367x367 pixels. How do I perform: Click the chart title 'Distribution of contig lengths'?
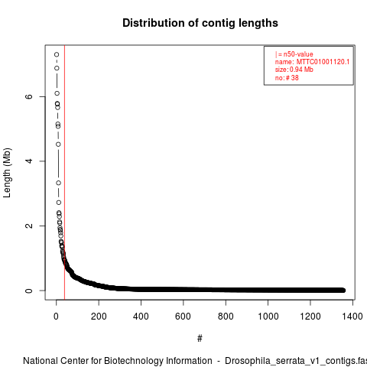click(200, 23)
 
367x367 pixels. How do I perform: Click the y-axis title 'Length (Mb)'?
click(7, 173)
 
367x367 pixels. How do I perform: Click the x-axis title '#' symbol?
click(200, 339)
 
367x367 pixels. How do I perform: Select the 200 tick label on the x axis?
click(99, 317)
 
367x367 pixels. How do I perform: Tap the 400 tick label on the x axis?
click(141, 317)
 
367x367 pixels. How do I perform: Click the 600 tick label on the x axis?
click(183, 317)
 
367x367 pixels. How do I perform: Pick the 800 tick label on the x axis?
click(226, 317)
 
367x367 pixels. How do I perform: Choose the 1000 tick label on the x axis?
click(268, 317)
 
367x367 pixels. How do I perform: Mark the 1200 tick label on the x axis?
click(310, 317)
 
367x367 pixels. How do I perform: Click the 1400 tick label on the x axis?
click(352, 317)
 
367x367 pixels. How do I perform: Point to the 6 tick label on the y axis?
click(29, 96)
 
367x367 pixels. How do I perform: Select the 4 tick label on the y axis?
click(29, 161)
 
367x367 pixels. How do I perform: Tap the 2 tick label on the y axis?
click(29, 226)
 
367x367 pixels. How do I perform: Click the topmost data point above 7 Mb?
click(57, 54)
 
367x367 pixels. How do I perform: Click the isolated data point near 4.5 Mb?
click(58, 145)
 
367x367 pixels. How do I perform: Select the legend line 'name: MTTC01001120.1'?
click(312, 62)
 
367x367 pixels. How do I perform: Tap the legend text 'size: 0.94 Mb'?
click(294, 70)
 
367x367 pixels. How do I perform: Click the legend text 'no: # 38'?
click(287, 77)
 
